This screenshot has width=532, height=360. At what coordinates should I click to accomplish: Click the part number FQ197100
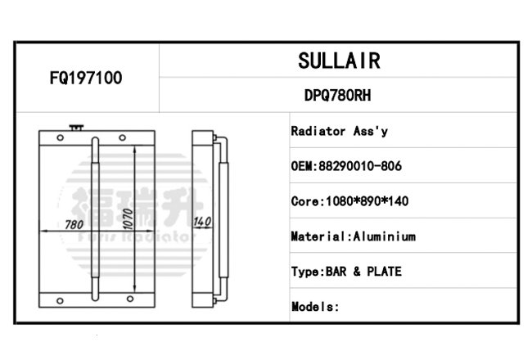[x=86, y=78]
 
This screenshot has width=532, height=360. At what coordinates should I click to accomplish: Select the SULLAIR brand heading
[x=340, y=61]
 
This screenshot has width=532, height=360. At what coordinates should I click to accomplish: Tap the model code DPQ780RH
[x=337, y=96]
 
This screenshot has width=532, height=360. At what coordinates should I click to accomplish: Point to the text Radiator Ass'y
[x=340, y=131]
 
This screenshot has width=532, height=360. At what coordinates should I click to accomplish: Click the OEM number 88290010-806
[x=360, y=166]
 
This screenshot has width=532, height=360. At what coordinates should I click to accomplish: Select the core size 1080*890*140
[x=367, y=201]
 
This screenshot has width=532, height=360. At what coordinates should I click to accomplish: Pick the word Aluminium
[x=385, y=236]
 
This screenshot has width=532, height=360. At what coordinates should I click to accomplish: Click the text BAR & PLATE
[x=363, y=272]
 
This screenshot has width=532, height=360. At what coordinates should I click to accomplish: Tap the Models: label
[x=315, y=307]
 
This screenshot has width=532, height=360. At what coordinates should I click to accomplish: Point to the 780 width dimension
[x=74, y=225]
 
